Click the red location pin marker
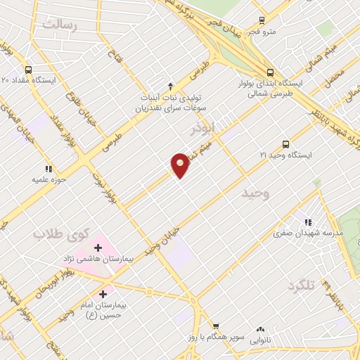pyautogui.click(x=180, y=165)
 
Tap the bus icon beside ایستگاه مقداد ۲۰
pyautogui.click(x=27, y=70)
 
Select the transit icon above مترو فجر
pyautogui.click(x=262, y=20)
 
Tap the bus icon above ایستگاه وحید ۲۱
pyautogui.click(x=285, y=143)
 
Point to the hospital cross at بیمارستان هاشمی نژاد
pyautogui.click(x=98, y=247)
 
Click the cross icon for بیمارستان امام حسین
pyautogui.click(x=103, y=293)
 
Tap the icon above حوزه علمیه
pyautogui.click(x=48, y=169)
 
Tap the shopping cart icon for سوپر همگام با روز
pyautogui.click(x=217, y=326)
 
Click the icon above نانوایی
pyautogui.click(x=261, y=328)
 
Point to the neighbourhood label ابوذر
pyautogui.click(x=203, y=130)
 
